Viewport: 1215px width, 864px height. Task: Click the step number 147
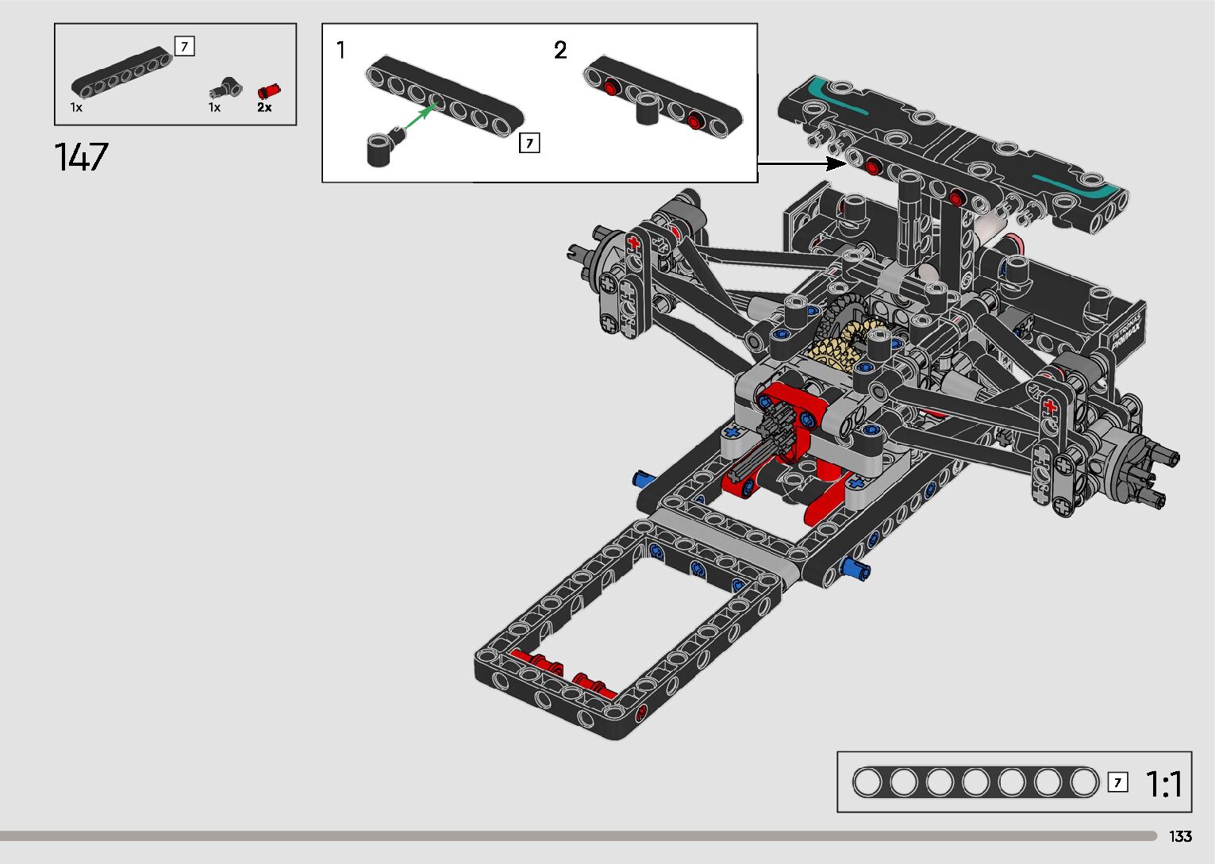(82, 157)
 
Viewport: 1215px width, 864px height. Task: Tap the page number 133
(1180, 836)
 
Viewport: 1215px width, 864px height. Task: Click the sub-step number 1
(340, 50)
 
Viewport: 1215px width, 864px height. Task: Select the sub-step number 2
(560, 50)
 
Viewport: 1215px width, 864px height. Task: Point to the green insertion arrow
(421, 116)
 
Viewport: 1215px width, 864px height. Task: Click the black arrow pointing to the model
(802, 163)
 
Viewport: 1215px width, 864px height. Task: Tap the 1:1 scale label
(1163, 784)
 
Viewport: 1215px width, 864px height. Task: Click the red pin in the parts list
(269, 91)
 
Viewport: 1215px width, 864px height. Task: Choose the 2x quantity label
(264, 107)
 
